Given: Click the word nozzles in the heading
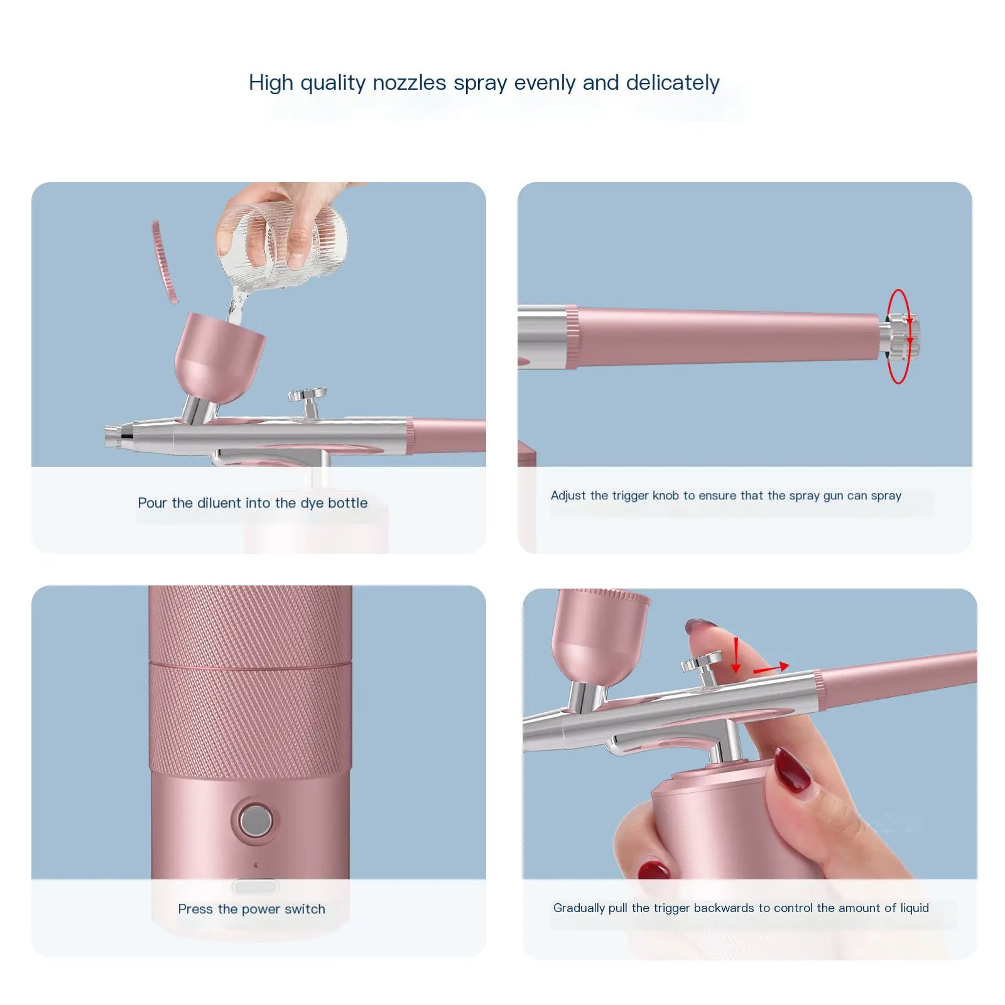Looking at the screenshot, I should (409, 83).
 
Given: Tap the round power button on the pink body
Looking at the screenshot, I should (256, 820).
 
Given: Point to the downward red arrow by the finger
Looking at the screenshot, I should (736, 657).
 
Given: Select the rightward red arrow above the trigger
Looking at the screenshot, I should (771, 669).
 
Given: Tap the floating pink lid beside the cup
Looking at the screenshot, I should (165, 261).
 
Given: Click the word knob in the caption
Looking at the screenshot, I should (665, 496).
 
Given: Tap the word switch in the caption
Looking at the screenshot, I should (305, 909).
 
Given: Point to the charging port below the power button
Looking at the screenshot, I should (256, 886).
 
